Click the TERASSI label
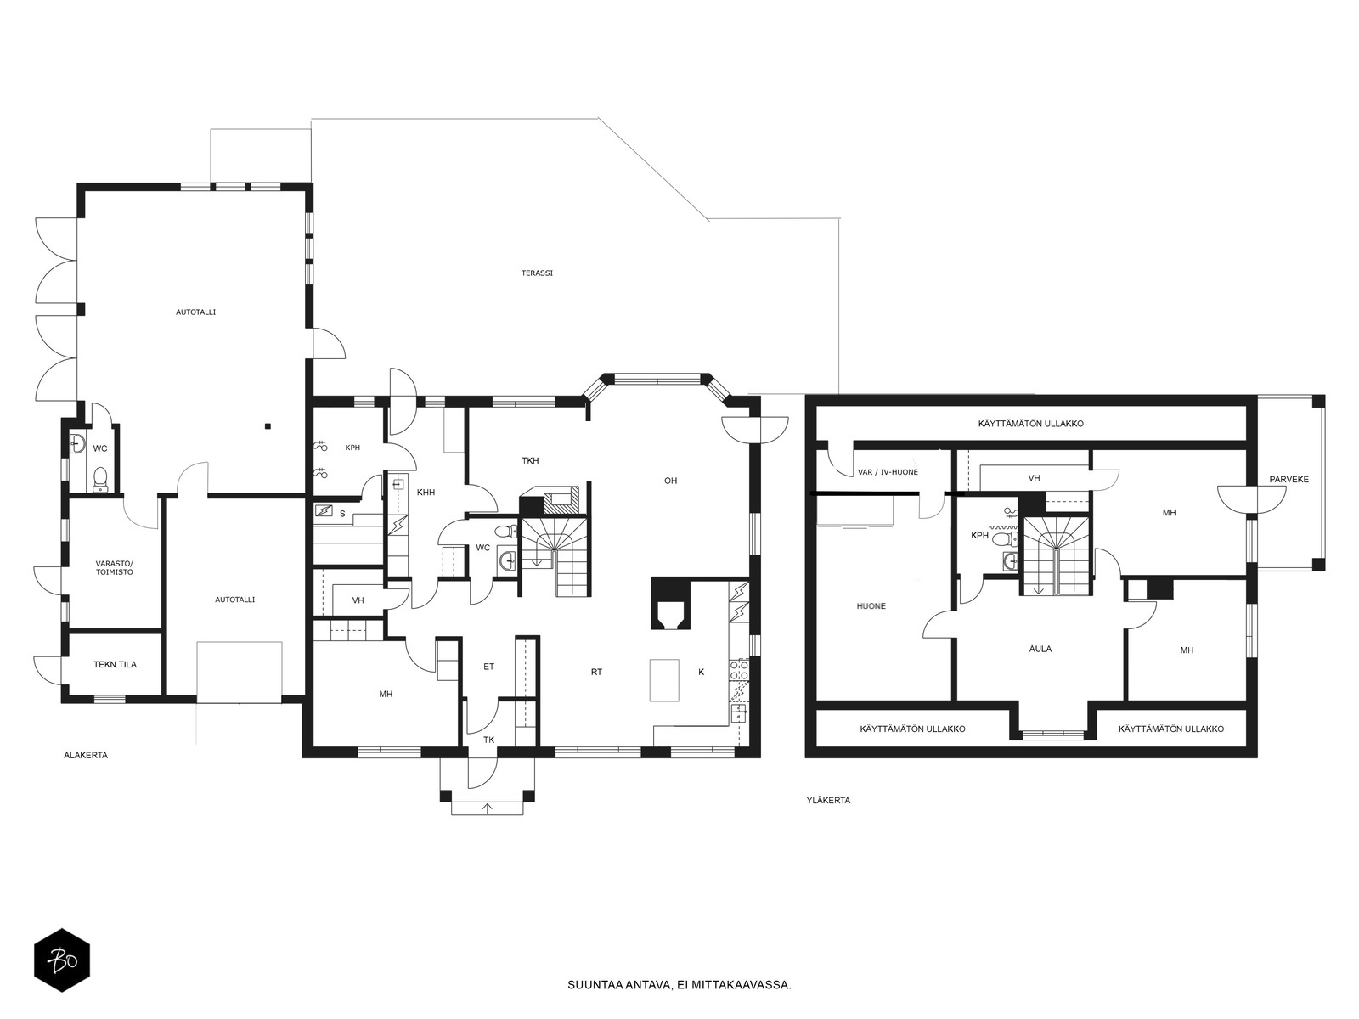537,273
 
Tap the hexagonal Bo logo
62,961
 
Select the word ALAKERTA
86,756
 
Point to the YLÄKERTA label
828,801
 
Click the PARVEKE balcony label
1289,480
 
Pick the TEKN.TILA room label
116,665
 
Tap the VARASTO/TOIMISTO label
115,568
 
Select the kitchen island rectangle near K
663,680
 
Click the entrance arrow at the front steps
488,808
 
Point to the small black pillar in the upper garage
268,425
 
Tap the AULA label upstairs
1040,649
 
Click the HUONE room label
871,606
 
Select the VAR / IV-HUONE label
888,472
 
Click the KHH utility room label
426,493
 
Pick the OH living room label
670,481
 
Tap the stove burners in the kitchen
740,671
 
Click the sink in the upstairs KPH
1011,561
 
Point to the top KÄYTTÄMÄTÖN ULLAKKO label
1031,424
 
